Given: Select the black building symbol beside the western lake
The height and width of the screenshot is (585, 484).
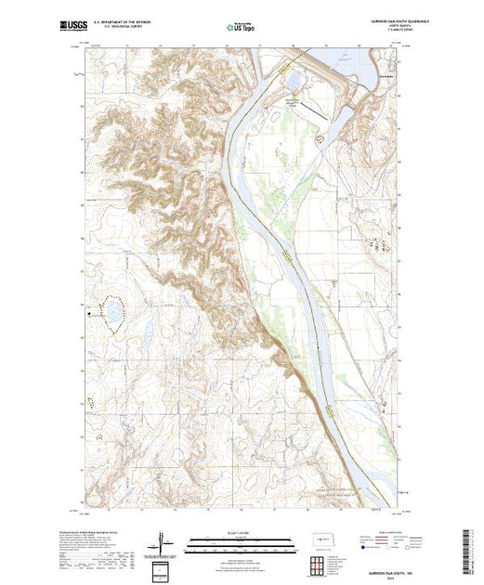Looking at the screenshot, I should [x=90, y=314].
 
